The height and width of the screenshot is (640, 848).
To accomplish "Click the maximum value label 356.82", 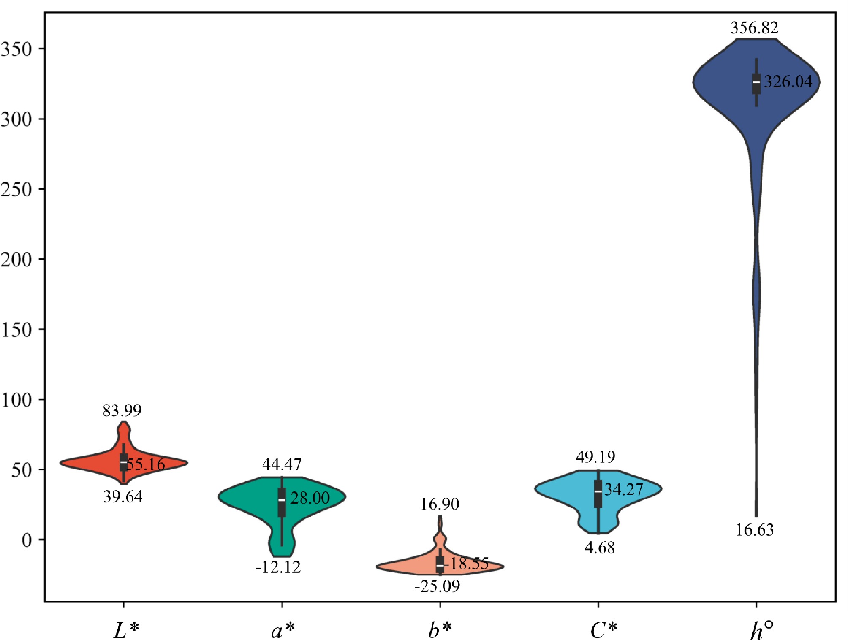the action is tap(754, 28).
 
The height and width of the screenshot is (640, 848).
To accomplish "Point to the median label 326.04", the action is tap(788, 81).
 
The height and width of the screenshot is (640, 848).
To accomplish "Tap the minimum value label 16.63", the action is tap(755, 530).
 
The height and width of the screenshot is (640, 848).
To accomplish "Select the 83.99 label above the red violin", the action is tap(122, 410).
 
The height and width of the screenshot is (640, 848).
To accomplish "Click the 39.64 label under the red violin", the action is tap(123, 497).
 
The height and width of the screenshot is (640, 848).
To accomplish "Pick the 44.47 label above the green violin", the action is tap(282, 464).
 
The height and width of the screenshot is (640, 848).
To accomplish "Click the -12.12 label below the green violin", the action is tap(278, 567).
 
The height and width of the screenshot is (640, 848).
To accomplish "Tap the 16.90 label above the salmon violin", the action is tap(440, 504).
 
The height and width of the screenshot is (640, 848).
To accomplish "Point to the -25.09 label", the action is tap(437, 586).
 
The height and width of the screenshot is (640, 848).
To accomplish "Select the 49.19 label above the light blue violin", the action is tap(596, 457).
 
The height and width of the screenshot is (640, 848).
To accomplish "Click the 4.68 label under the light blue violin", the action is tap(600, 548).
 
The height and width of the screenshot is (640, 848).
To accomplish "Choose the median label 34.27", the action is tap(624, 489).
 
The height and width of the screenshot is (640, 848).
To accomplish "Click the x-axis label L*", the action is tap(126, 630).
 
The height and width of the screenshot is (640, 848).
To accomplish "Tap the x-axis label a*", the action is tap(283, 630).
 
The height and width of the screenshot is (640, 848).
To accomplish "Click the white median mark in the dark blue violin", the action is tap(756, 82).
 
